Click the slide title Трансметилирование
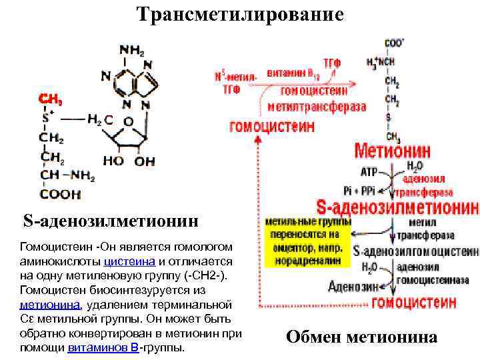(x=240, y=15)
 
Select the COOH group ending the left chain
(x=60, y=195)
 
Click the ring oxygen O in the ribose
(x=128, y=122)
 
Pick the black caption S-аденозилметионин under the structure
(x=111, y=220)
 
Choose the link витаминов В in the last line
(x=103, y=348)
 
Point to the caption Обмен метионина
(x=361, y=337)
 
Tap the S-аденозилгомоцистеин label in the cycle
(x=416, y=252)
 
